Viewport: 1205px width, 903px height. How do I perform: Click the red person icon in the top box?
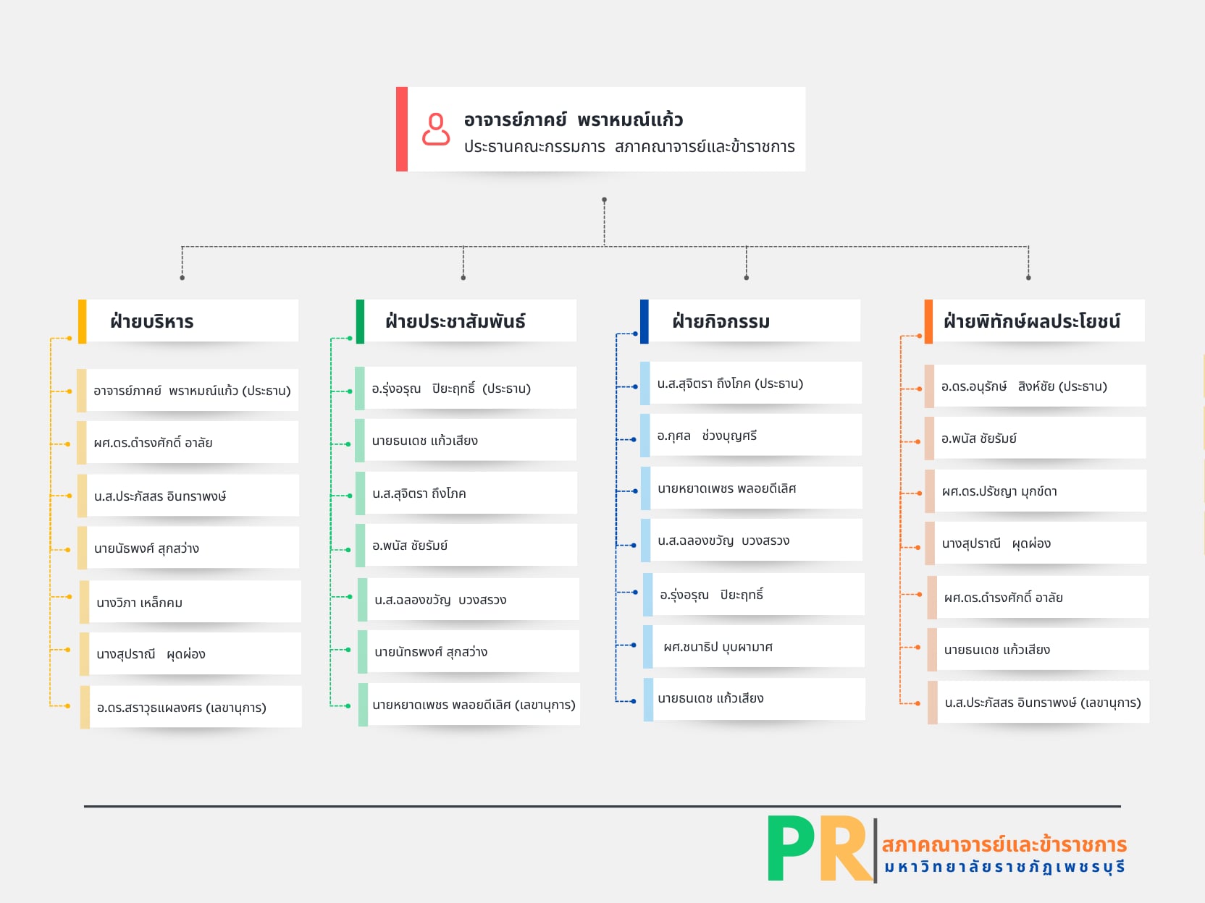(x=436, y=130)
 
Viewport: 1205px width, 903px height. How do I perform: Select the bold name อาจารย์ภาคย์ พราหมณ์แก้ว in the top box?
(x=573, y=119)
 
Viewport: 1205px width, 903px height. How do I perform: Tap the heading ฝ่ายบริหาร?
(x=152, y=321)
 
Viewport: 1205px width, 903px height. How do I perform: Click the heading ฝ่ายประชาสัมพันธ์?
(x=455, y=321)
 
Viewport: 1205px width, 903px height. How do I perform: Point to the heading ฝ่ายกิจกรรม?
(x=721, y=321)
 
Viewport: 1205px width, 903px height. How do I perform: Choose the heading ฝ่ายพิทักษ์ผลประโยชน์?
(x=1031, y=321)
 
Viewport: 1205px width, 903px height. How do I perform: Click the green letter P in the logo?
(x=791, y=848)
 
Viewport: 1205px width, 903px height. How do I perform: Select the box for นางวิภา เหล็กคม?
(x=190, y=602)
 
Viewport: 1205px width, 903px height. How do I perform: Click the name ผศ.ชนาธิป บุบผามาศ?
(x=718, y=647)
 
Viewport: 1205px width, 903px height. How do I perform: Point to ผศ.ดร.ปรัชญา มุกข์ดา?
(x=999, y=491)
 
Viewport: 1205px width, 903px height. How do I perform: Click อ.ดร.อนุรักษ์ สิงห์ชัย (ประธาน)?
(x=1024, y=386)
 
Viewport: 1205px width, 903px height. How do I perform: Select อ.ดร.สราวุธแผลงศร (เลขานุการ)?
(x=182, y=708)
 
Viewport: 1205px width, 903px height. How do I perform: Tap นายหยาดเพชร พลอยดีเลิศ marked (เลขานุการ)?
(x=474, y=705)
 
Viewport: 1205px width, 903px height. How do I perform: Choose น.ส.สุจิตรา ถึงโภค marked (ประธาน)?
(x=730, y=383)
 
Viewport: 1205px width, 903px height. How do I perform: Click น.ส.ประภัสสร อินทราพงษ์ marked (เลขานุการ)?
(x=1042, y=703)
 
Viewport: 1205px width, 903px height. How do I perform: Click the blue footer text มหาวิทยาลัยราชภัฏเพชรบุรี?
(x=1004, y=867)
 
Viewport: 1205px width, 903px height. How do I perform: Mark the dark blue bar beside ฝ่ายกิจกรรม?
(x=645, y=321)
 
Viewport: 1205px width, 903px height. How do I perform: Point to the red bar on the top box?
(x=402, y=129)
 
